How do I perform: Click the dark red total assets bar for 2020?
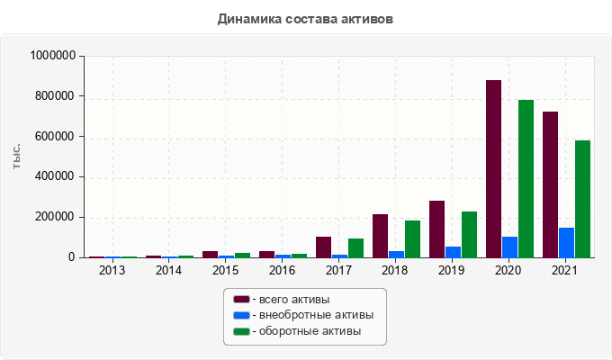[493, 169]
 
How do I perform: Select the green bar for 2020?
[526, 179]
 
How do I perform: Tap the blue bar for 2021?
[566, 242]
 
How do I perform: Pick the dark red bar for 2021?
[550, 184]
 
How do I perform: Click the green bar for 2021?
[582, 199]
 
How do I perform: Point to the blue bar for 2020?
[509, 247]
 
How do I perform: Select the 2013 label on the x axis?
[112, 270]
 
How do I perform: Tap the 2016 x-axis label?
[282, 270]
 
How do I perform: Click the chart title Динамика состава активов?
[305, 18]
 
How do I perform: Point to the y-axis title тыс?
[17, 157]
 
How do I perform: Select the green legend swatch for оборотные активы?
[241, 331]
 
